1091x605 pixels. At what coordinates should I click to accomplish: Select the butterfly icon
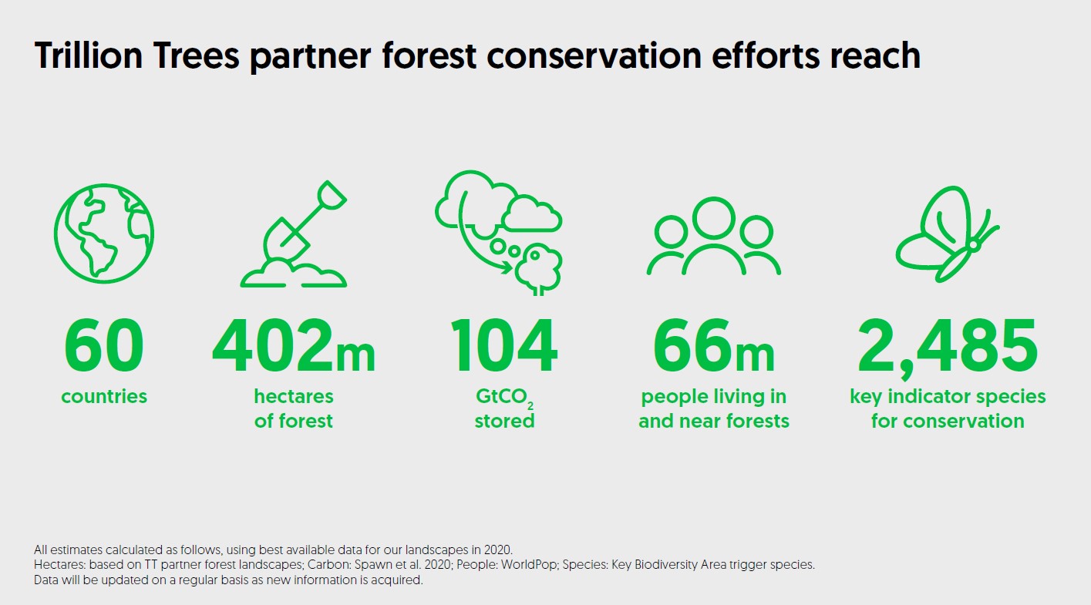[948, 234]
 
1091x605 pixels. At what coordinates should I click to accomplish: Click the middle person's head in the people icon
[713, 219]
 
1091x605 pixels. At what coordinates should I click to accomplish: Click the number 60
[104, 345]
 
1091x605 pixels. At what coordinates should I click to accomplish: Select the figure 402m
[294, 345]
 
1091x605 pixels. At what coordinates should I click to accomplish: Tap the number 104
[504, 345]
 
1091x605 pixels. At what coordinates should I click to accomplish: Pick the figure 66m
[713, 345]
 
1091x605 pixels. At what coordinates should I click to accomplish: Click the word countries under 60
[104, 397]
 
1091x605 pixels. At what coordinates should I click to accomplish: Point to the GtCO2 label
[504, 398]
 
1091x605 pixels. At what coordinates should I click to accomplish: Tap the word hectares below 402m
[294, 397]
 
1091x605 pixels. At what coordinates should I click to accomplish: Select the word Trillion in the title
[88, 56]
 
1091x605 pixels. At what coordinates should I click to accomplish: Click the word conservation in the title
[594, 56]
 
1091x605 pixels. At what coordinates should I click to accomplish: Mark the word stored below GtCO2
[504, 421]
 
